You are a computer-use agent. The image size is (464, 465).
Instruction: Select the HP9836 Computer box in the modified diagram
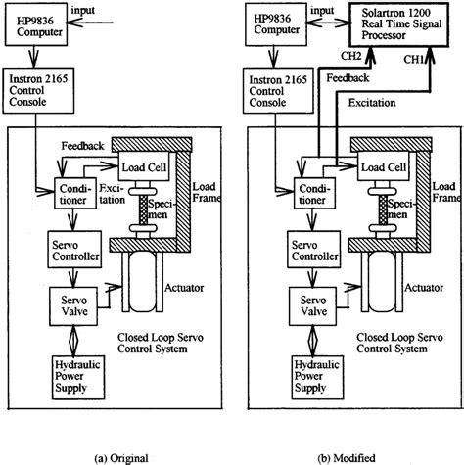pos(278,28)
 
